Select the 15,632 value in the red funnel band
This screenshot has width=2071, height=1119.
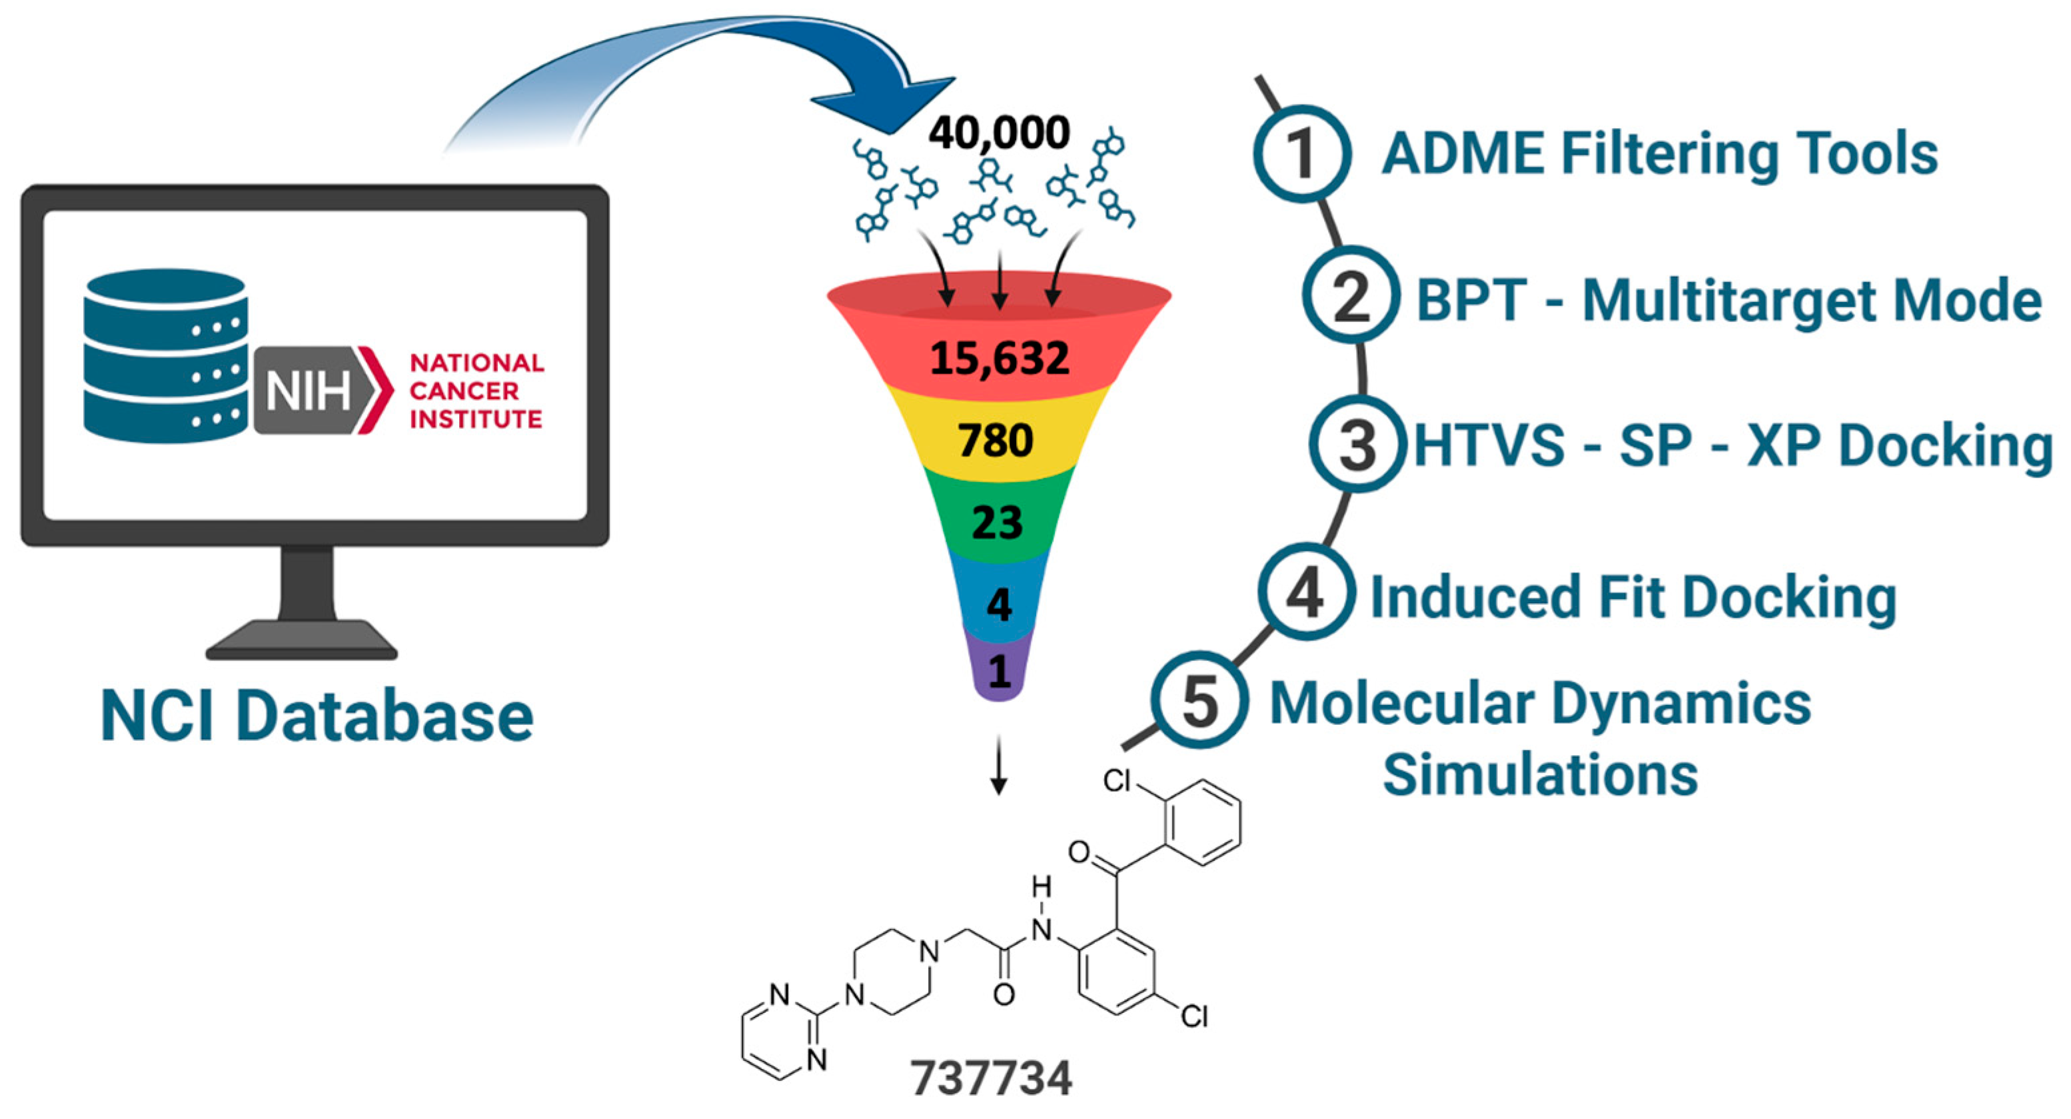point(1000,357)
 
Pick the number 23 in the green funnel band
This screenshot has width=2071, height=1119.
point(997,522)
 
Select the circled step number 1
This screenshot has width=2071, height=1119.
point(1301,153)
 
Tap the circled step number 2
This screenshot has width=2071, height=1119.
point(1351,297)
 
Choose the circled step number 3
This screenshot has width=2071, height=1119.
point(1357,445)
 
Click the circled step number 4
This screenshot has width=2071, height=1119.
point(1305,593)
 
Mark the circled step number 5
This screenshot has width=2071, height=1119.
point(1199,700)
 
